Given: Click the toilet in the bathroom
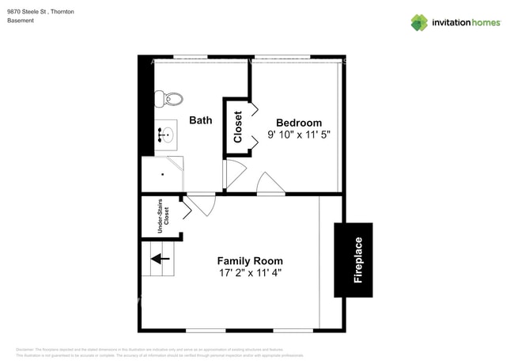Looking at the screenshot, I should pos(168,99).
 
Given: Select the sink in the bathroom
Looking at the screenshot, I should pos(166,135).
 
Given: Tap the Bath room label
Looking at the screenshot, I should pos(201,121).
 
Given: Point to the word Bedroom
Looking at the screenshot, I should pos(299,123).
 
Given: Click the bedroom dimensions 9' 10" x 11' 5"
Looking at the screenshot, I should pos(299,135).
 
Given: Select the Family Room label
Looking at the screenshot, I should pos(250,261).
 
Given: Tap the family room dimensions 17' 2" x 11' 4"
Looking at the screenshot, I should pos(250,274).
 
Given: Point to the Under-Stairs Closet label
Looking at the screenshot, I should pos(161,214).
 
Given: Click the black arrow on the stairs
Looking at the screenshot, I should pos(161,258).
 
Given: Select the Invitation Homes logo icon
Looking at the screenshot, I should pos(419,22).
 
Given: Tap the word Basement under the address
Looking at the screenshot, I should pos(21,21).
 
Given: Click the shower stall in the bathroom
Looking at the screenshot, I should pos(163,174).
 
